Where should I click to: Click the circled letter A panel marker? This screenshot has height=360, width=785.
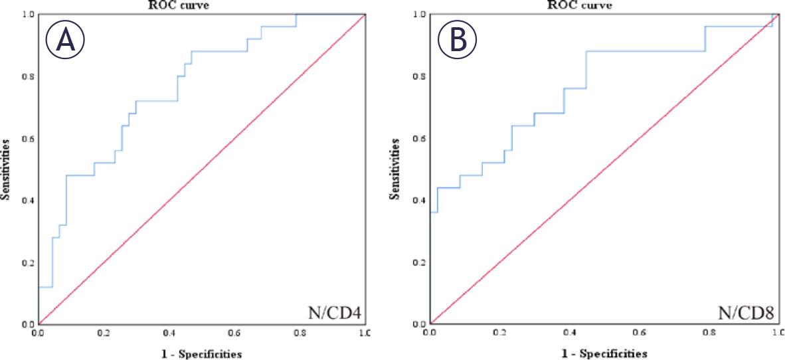[65, 41]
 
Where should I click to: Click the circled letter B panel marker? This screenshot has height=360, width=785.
[457, 41]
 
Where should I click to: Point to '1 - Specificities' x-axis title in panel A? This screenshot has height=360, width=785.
[202, 353]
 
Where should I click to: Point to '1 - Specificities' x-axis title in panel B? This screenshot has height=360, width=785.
[605, 353]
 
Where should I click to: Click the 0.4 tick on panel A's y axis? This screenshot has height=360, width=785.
[28, 200]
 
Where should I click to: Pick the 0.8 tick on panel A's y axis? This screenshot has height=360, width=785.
[28, 76]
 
